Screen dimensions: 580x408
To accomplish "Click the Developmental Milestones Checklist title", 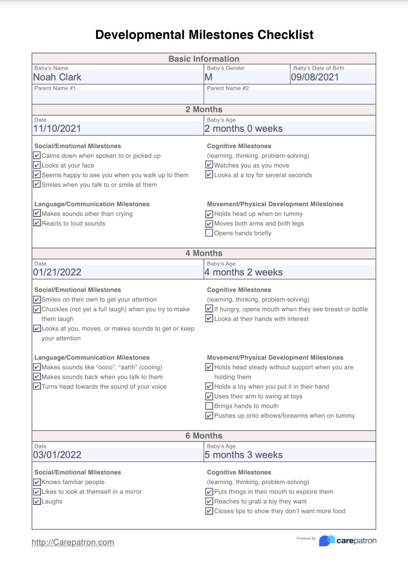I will [204, 35].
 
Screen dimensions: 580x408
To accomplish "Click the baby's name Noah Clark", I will [57, 77].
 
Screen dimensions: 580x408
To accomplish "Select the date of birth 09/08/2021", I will [315, 77].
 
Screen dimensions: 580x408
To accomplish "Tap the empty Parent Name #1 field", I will [117, 96].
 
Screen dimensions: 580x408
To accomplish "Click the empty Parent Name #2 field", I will [290, 96].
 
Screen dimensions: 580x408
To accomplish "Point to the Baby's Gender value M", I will [209, 77].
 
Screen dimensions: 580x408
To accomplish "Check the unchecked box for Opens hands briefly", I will [209, 233].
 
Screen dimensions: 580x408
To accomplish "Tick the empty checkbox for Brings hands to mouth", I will [209, 406].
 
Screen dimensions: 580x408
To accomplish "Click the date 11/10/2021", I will [57, 129].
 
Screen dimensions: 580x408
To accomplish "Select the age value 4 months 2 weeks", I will [243, 272].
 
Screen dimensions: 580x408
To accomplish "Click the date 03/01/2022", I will [57, 455].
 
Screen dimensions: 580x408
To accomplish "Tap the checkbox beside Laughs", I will [37, 502].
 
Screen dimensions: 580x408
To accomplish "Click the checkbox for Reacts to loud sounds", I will [37, 224].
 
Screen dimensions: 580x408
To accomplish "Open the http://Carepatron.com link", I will [73, 542].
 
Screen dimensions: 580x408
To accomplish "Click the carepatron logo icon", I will [327, 541].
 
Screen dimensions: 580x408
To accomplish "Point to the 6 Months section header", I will [204, 436].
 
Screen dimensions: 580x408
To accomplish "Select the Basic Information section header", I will [204, 59].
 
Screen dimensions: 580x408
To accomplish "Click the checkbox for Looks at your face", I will [37, 165].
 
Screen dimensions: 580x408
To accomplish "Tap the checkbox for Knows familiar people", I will [37, 482].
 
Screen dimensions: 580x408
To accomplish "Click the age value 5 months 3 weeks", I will [243, 455].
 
